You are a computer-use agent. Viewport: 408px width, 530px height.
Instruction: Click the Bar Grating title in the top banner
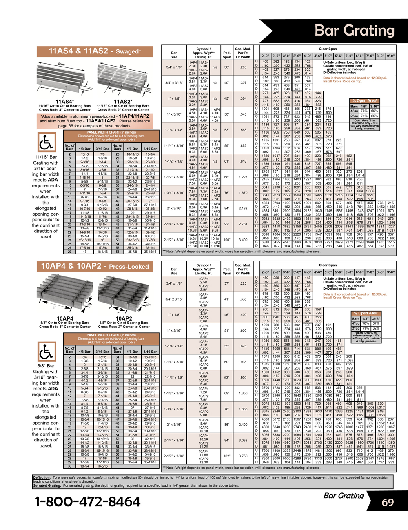(354, 30)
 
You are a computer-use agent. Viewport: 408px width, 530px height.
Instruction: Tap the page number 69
(388, 502)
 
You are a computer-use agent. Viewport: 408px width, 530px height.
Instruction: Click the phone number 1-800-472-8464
(88, 501)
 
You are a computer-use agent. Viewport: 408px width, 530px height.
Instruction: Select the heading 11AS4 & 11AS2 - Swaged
(95, 51)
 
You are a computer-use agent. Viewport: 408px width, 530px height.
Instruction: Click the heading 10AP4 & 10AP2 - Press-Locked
(95, 267)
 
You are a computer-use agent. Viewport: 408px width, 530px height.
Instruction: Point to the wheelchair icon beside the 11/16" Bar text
(47, 143)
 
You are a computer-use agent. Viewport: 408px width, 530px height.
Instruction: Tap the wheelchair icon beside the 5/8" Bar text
(47, 352)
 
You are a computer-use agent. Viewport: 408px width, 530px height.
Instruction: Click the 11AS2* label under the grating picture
(123, 102)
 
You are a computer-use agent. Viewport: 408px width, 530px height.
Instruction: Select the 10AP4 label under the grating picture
(65, 318)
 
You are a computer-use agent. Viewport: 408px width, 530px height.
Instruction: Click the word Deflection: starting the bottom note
(42, 477)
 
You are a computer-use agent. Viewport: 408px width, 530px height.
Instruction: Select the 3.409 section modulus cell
(243, 240)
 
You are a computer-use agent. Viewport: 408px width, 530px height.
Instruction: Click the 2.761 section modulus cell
(243, 224)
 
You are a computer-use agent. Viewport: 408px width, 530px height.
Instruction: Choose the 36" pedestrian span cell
(227, 67)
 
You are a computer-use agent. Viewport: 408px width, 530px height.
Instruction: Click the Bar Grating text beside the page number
(343, 496)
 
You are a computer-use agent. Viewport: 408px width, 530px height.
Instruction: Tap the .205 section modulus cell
(243, 67)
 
